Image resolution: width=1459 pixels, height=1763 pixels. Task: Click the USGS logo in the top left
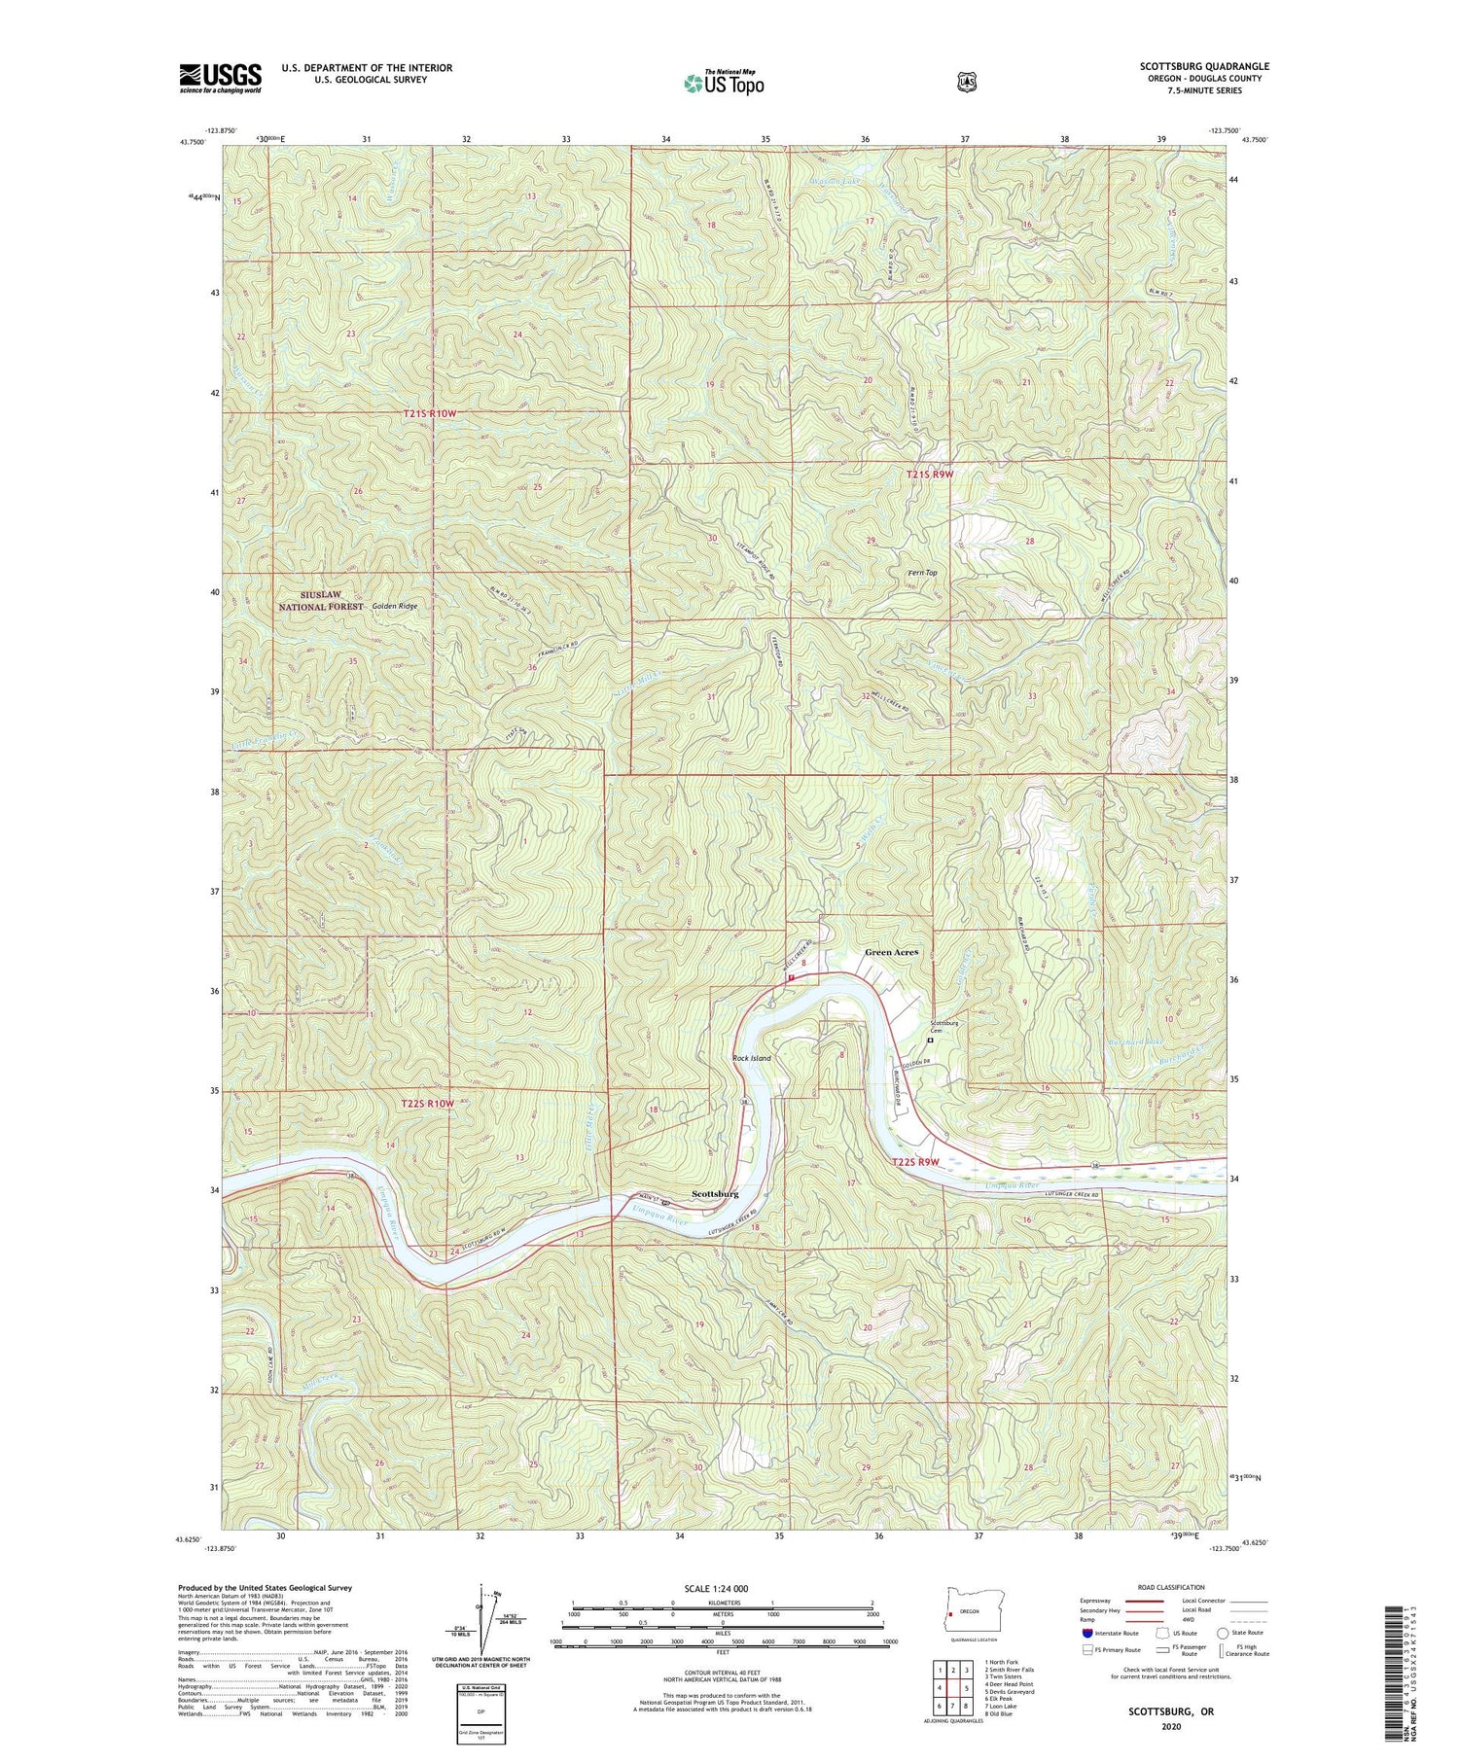220,77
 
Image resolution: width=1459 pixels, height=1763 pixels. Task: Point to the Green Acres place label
892,952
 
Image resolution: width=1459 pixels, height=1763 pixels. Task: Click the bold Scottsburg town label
714,1193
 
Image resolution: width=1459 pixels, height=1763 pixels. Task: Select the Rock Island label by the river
751,1058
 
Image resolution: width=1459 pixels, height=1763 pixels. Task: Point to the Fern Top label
921,573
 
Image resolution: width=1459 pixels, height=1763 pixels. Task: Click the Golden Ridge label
394,606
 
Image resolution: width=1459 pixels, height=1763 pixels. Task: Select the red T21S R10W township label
429,413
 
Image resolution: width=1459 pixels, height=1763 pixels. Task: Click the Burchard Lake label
1135,1043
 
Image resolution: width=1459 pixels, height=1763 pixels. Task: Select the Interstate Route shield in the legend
1086,1633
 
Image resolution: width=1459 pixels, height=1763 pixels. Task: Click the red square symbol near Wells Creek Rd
792,976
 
